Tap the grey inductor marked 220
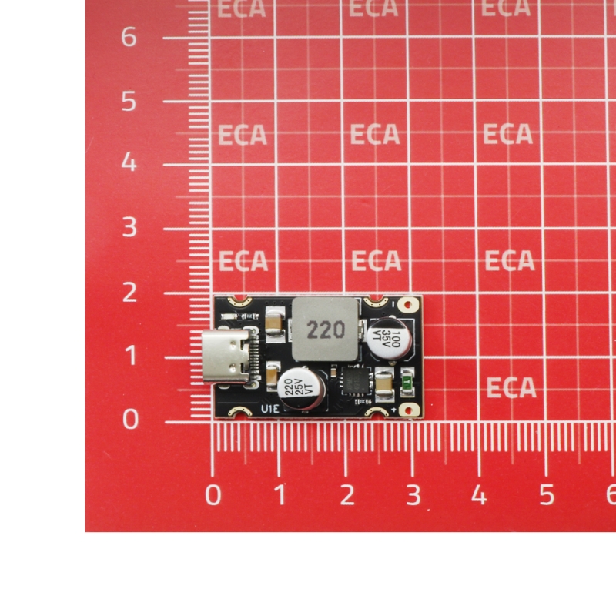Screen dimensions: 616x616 click(325, 329)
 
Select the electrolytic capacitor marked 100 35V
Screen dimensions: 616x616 click(390, 339)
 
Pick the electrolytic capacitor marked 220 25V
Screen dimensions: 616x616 click(301, 388)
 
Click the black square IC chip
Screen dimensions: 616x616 click(357, 380)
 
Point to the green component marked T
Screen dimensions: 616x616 click(407, 381)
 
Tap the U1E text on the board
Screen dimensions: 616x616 click(270, 409)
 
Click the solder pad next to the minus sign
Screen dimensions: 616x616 click(408, 304)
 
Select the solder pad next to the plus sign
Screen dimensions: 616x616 click(409, 410)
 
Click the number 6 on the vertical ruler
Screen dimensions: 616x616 click(129, 37)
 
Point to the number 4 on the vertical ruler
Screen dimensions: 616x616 click(129, 162)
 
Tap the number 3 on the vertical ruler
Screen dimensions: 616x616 click(129, 226)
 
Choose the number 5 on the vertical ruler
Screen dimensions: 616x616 click(129, 102)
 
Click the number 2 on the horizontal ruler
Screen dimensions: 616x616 click(347, 494)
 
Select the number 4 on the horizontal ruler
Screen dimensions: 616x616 click(479, 494)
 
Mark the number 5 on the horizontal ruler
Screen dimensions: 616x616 click(547, 494)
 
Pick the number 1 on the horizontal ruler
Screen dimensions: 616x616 click(280, 494)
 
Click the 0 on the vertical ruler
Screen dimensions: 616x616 click(130, 419)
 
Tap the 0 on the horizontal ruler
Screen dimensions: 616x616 click(213, 494)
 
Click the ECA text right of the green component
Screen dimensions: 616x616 click(511, 387)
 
